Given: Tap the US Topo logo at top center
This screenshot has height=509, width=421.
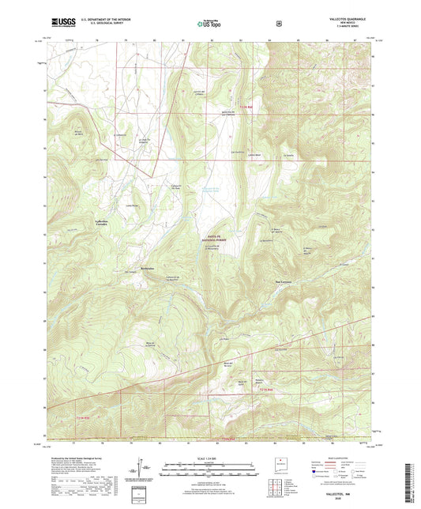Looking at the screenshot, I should click(209, 25).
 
